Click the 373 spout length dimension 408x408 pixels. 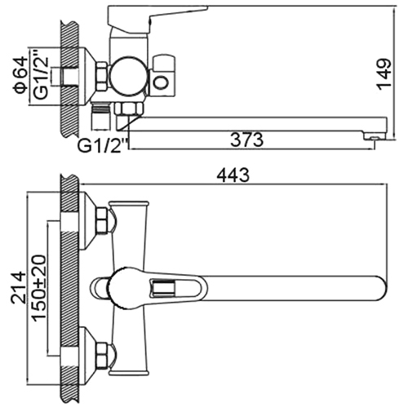[x=247, y=140]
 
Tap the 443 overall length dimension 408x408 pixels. [x=233, y=175]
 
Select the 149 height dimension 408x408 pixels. [x=384, y=73]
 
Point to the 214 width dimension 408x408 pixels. [x=19, y=287]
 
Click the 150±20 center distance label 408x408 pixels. [x=39, y=288]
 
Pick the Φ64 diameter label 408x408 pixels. [x=21, y=75]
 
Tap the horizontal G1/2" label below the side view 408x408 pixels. [x=103, y=146]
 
